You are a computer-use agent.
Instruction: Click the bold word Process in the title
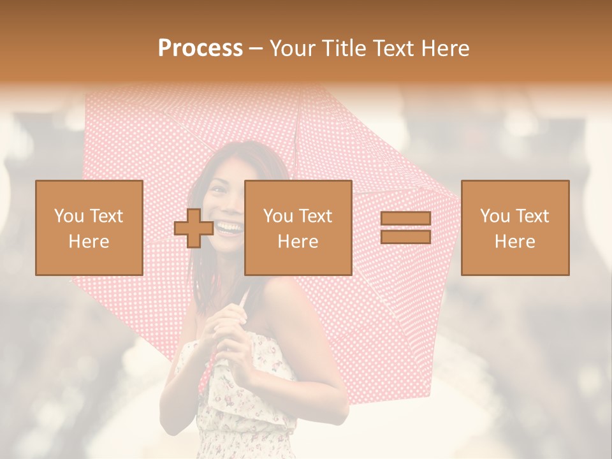pyautogui.click(x=200, y=48)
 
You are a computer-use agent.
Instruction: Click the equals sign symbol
pyautogui.click(x=405, y=228)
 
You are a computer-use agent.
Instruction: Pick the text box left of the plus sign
pyautogui.click(x=89, y=228)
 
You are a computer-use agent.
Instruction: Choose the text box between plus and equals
pyautogui.click(x=298, y=228)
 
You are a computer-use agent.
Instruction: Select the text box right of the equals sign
pyautogui.click(x=515, y=228)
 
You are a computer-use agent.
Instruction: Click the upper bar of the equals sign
pyautogui.click(x=405, y=219)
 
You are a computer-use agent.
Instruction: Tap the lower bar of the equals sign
pyautogui.click(x=405, y=237)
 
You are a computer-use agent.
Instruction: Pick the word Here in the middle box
pyautogui.click(x=298, y=242)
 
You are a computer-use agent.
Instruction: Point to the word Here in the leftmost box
pyautogui.click(x=89, y=242)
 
